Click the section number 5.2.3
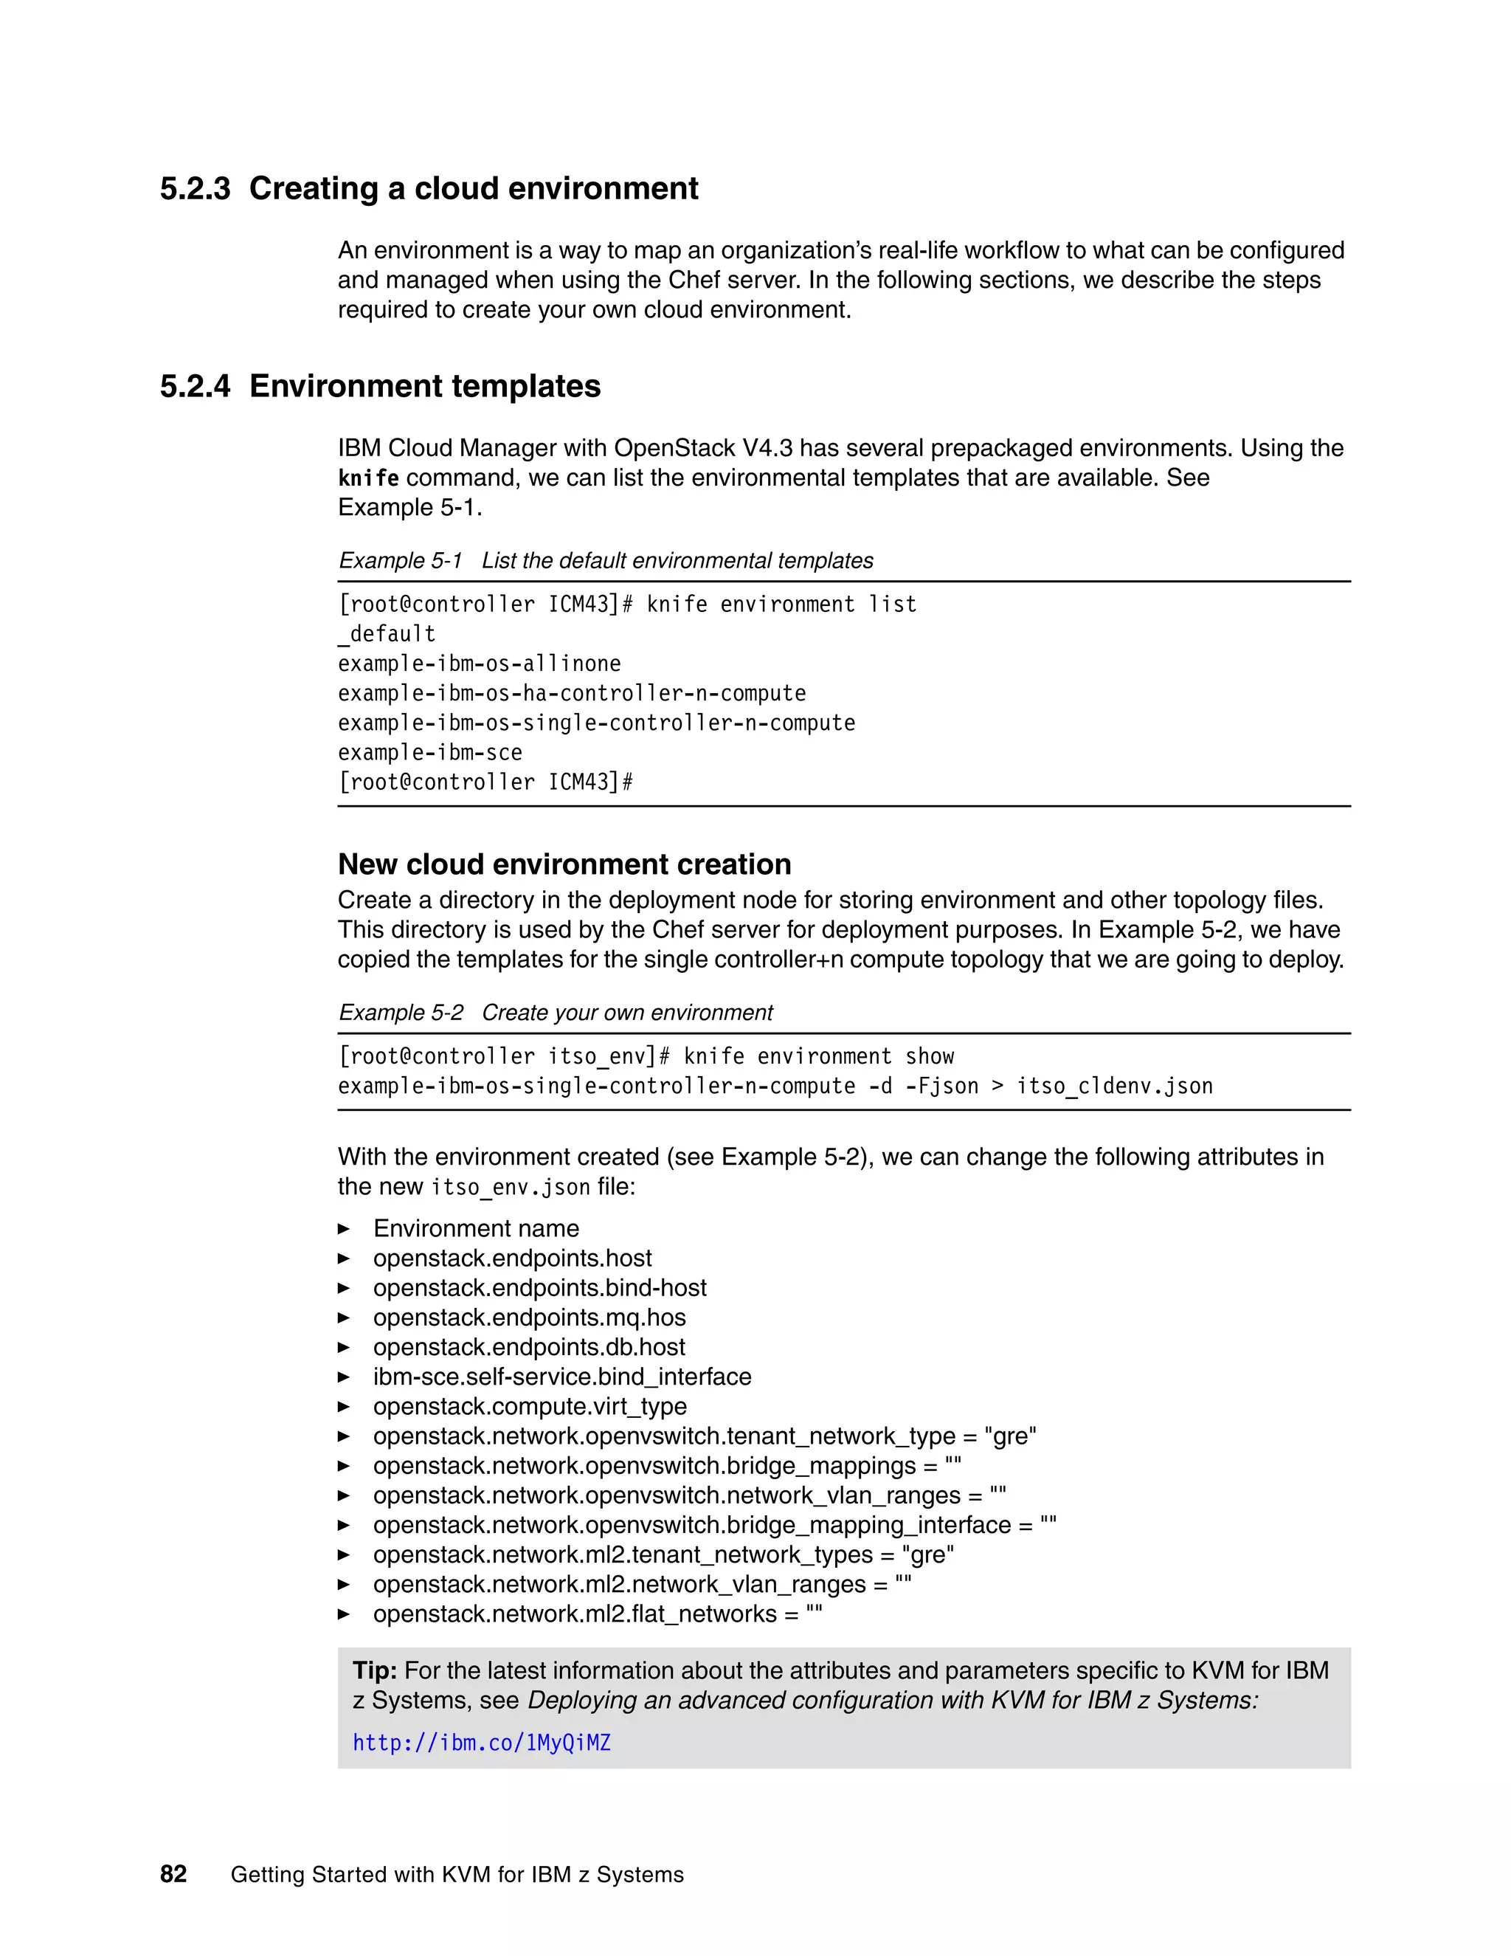(194, 189)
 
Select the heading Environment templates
(424, 387)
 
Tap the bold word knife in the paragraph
(368, 478)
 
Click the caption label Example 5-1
(400, 561)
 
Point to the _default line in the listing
(386, 634)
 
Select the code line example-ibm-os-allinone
(479, 664)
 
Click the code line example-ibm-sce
(429, 752)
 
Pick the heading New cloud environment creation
(564, 864)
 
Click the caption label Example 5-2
(400, 1013)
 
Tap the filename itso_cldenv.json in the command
(1115, 1087)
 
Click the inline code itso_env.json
(511, 1188)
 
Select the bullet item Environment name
(475, 1229)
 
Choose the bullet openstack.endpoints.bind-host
(540, 1288)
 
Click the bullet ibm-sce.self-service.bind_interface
(562, 1377)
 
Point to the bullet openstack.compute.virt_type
(530, 1406)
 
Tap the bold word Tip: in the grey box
(374, 1670)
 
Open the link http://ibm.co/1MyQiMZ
(481, 1743)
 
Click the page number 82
(173, 1875)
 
